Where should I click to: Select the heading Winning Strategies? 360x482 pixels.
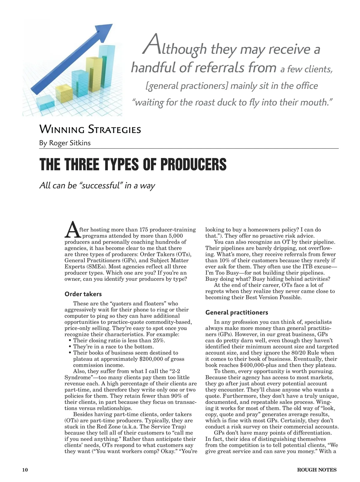pos(90,130)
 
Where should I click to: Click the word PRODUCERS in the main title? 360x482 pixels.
pos(193,164)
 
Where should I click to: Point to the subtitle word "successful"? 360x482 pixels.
pos(101,185)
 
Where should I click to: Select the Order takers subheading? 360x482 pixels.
pos(83,294)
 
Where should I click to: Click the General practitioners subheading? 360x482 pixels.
pos(237,312)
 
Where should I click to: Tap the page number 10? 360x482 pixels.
pos(25,470)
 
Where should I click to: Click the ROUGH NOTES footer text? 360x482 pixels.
pos(317,470)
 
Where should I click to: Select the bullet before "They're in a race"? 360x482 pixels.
pos(70,347)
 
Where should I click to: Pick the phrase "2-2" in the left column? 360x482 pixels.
pos(174,371)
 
